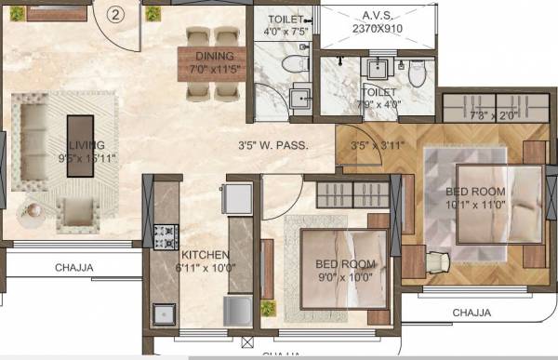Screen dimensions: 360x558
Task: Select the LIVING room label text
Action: coord(85,144)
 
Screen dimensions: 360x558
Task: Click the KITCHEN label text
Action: coord(206,255)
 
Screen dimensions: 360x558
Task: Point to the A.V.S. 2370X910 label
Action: coord(376,20)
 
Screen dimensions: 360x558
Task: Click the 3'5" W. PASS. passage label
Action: coord(277,145)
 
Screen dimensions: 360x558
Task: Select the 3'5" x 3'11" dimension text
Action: coord(375,145)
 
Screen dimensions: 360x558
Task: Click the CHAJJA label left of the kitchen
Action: coord(74,268)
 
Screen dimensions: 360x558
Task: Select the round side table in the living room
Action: coord(31,212)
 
